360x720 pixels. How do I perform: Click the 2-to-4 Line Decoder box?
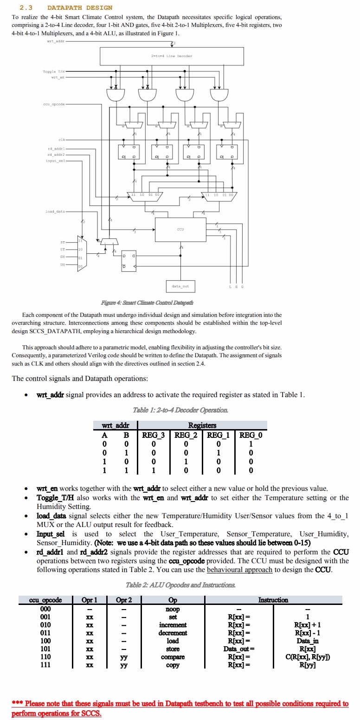pos(172,56)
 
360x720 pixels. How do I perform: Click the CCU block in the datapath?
pos(180,229)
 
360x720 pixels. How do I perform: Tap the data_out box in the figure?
pos(180,286)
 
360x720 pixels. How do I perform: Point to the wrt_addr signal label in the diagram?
pos(56,41)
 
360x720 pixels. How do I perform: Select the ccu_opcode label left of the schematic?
pos(55,104)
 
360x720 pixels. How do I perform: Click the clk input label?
pos(62,140)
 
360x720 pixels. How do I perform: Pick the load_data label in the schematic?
pos(55,212)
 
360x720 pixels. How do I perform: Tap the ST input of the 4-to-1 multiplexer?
pos(63,242)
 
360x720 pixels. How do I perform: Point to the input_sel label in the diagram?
pos(55,161)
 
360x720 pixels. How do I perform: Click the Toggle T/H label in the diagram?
pos(54,71)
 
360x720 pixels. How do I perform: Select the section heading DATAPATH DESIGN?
pos(80,8)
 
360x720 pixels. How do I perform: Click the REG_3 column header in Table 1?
pos(153,435)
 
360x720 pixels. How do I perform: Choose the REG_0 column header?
pos(251,435)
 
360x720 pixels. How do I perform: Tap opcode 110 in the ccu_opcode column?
pos(45,657)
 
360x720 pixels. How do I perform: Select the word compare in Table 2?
pos(173,657)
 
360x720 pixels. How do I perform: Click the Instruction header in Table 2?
pos(273,600)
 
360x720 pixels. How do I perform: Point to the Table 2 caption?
pos(180,585)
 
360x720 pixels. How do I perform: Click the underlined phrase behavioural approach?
pos(239,570)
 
